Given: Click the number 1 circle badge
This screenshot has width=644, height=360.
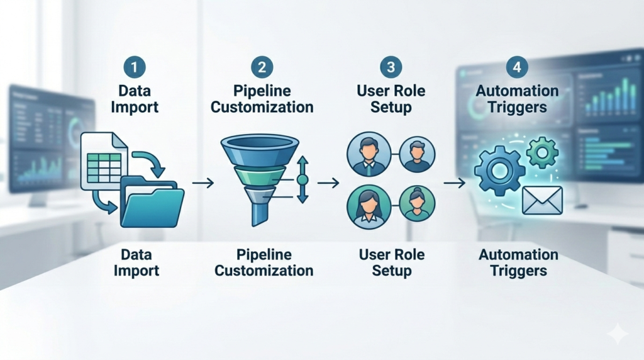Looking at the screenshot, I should (135, 67).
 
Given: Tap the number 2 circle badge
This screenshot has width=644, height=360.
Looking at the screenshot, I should (262, 67).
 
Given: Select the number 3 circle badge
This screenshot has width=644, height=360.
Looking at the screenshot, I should (391, 67).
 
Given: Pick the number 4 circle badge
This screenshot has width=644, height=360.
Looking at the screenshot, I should (517, 67).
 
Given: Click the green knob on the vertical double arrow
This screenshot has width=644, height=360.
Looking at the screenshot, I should (302, 180).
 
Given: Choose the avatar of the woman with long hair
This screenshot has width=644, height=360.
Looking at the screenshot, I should (369, 206).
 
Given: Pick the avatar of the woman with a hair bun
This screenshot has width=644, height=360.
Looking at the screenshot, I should (417, 203).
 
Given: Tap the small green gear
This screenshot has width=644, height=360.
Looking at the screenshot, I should (541, 152).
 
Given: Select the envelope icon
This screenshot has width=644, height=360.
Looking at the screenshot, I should (542, 200).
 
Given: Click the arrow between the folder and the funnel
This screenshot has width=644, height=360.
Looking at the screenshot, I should (203, 183).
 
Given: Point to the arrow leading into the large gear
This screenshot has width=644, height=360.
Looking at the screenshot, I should (454, 183).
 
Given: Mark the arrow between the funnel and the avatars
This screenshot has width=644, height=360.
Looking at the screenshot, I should (328, 183).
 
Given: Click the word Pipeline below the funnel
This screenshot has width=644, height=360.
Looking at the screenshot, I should (264, 255).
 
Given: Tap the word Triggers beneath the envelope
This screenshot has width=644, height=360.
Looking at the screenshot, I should (518, 271).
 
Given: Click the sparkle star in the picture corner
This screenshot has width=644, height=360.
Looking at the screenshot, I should (618, 334).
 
